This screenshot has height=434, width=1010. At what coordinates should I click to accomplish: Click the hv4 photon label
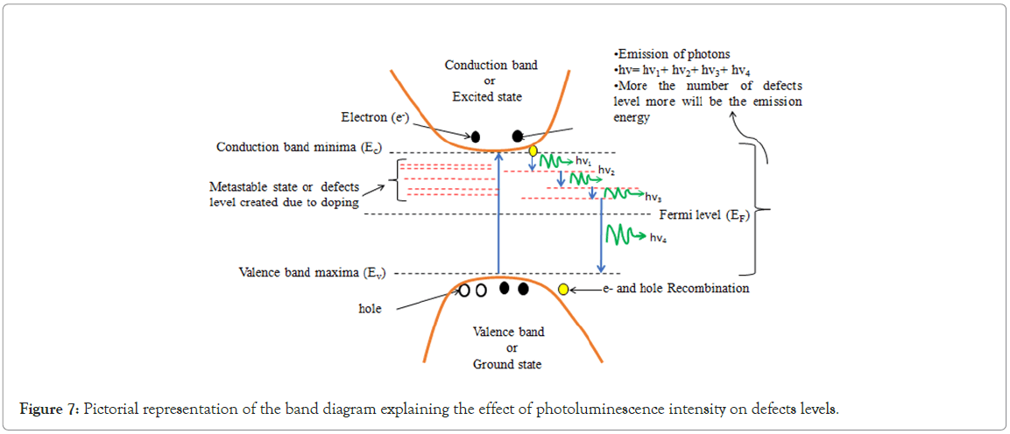662,238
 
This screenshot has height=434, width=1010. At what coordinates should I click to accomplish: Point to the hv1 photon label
583,162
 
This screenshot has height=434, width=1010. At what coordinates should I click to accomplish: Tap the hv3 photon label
653,196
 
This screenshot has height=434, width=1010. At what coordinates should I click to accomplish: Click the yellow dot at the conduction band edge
533,150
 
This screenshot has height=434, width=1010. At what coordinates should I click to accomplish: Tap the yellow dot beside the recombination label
563,289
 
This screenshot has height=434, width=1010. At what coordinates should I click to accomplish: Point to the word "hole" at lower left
371,309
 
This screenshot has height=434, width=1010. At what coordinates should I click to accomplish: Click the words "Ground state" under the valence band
507,364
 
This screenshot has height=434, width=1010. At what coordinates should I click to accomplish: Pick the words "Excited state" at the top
491,96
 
